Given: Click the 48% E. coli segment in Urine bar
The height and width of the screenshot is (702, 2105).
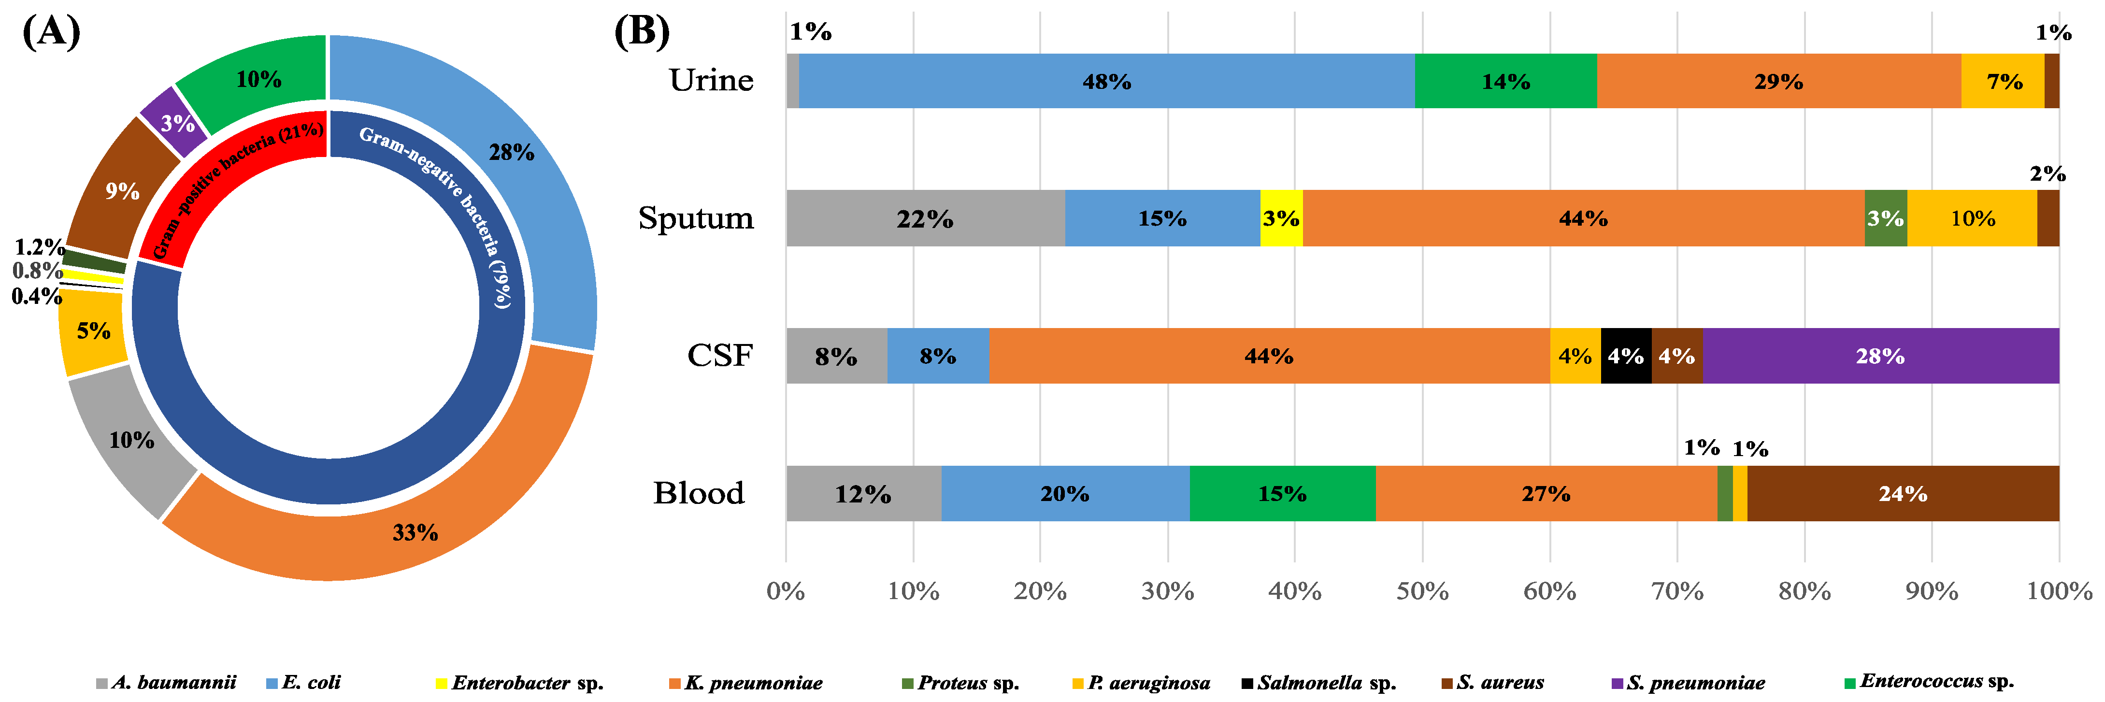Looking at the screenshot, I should (x=1106, y=81).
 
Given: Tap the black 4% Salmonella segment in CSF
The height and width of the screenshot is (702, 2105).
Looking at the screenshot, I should (x=1625, y=356).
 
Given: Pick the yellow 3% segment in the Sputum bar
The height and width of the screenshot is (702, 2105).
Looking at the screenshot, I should (x=1280, y=218).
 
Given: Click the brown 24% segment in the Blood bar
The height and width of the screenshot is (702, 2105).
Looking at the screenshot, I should (x=1903, y=494).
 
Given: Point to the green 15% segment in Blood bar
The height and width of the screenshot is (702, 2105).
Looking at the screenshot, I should (x=1281, y=494).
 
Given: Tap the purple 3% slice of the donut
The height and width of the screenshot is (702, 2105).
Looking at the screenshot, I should (x=176, y=123).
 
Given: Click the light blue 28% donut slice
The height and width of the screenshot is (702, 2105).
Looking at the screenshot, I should (x=511, y=152).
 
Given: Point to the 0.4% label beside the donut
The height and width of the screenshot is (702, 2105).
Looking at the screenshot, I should (x=36, y=296).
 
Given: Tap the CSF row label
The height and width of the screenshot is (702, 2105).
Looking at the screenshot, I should (x=719, y=356).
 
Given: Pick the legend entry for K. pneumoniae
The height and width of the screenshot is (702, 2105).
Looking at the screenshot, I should (x=745, y=682).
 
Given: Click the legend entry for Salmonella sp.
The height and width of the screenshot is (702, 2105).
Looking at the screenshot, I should (x=1318, y=682).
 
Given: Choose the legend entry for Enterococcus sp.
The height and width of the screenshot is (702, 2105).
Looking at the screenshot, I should (x=1929, y=681).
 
